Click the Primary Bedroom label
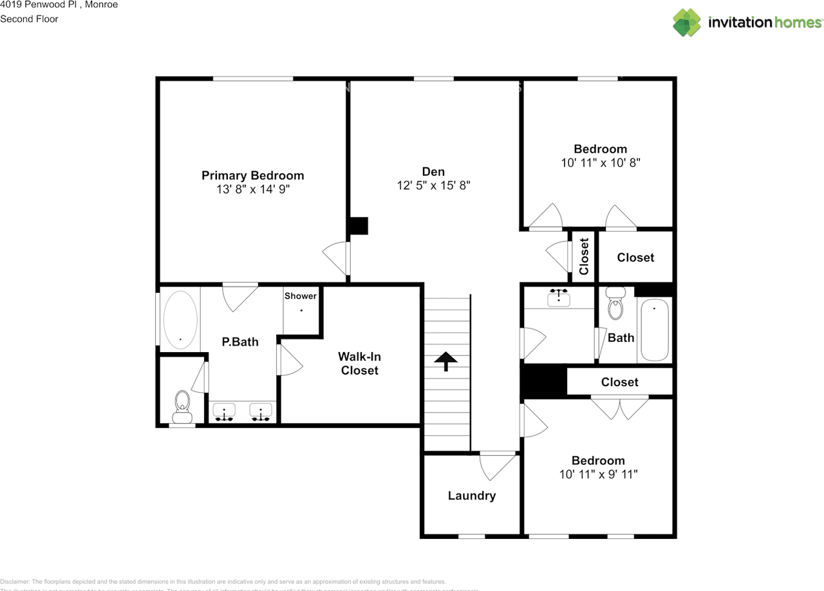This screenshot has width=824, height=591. pyautogui.click(x=252, y=175)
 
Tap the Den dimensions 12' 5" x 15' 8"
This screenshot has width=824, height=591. pyautogui.click(x=433, y=185)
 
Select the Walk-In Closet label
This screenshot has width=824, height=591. pyautogui.click(x=359, y=363)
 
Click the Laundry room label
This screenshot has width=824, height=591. pyautogui.click(x=472, y=496)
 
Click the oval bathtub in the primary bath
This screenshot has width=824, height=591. pyautogui.click(x=180, y=320)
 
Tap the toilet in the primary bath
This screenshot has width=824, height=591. pyautogui.click(x=183, y=403)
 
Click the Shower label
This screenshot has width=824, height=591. pyautogui.click(x=301, y=296)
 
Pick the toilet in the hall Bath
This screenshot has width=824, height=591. pyautogui.click(x=616, y=305)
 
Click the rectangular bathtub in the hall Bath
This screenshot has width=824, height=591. pyautogui.click(x=654, y=330)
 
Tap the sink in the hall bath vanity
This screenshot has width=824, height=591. pyautogui.click(x=558, y=297)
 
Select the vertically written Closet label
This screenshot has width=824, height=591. pyautogui.click(x=584, y=257)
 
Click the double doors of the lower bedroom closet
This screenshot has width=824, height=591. pyautogui.click(x=620, y=408)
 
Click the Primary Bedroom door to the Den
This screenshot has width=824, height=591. pyautogui.click(x=337, y=258)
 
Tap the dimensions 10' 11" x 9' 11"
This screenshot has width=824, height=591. pyautogui.click(x=598, y=474)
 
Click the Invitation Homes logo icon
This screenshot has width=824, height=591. pyautogui.click(x=687, y=23)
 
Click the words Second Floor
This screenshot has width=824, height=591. pyautogui.click(x=29, y=19)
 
